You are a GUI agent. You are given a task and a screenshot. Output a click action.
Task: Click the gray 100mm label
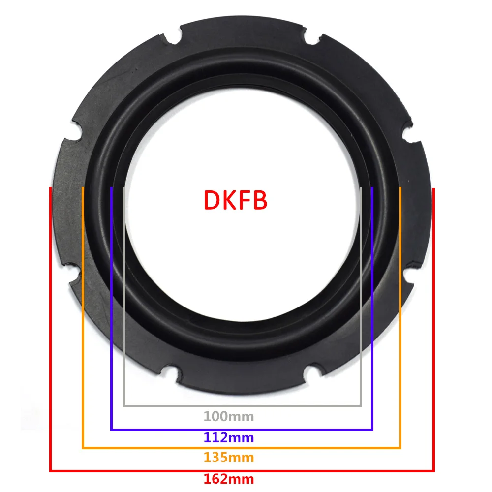click(x=229, y=417)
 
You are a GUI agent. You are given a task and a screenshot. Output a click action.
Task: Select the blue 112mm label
click(x=229, y=437)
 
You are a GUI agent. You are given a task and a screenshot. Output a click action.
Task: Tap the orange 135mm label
click(x=229, y=458)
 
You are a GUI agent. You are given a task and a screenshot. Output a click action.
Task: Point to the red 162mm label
click(x=229, y=478)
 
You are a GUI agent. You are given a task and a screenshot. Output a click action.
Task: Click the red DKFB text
click(x=236, y=201)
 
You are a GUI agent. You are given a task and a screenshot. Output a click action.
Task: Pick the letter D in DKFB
click(x=212, y=201)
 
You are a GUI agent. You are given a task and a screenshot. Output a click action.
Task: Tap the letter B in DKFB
click(x=259, y=201)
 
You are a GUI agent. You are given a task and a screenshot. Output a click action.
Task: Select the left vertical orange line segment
click(x=83, y=320)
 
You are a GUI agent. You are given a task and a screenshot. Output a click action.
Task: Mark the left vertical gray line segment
click(x=123, y=295)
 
